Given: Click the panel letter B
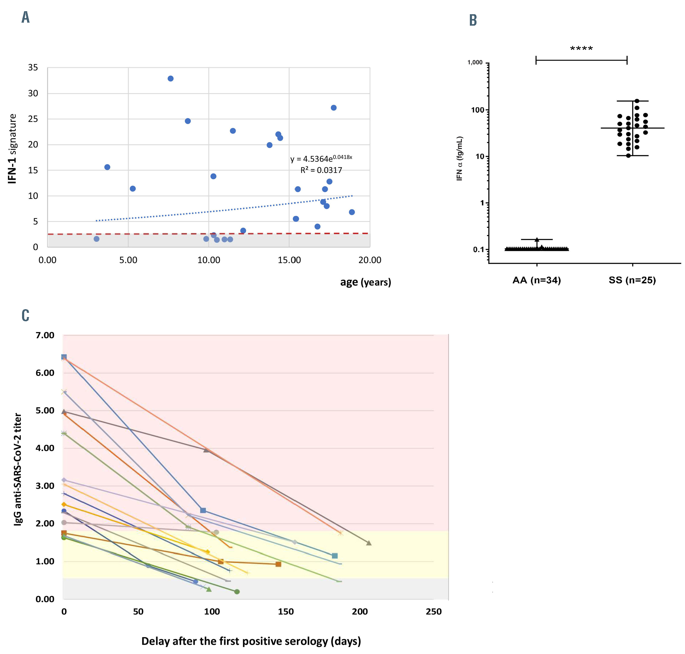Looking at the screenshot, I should point(473,20).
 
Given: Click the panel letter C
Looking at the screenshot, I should point(25,315).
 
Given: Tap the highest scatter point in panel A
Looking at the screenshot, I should point(170,79).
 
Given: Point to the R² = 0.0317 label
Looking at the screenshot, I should point(321,170).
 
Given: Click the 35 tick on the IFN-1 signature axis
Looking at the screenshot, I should point(33,67).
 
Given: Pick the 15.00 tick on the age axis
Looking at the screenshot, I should point(289,260).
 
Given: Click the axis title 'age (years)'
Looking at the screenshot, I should point(366,282).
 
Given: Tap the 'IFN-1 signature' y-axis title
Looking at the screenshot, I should point(13,148).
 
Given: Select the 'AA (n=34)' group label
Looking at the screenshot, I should point(536,280).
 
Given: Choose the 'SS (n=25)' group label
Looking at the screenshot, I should point(632,280).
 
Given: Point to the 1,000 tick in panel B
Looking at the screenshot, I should point(475,63).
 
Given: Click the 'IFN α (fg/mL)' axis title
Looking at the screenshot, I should point(459,158).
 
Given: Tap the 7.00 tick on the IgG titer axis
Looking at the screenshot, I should point(45,335).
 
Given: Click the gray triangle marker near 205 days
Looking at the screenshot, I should point(369,543).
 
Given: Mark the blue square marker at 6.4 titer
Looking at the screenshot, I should point(64,357).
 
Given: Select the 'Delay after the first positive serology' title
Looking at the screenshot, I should point(251,641).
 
